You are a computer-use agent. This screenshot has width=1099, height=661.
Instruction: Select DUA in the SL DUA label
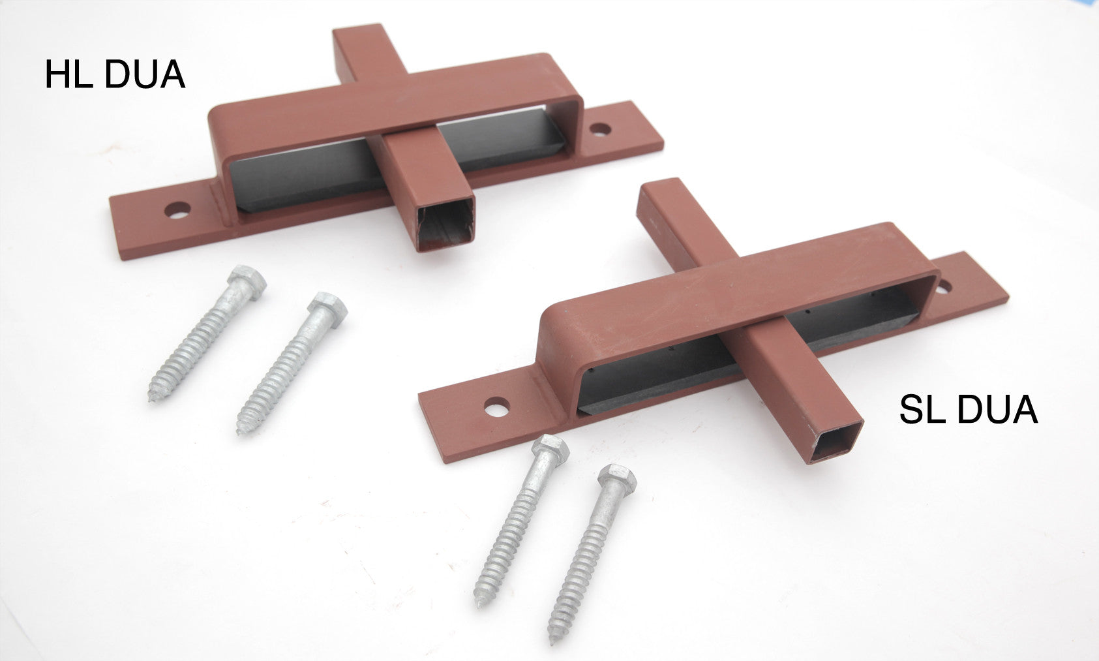point(999,410)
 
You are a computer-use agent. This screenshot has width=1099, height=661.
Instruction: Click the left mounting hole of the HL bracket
point(177,211)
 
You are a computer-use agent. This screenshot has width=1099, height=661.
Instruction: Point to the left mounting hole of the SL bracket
point(498,408)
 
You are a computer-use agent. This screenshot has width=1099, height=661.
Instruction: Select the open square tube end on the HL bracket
point(445,225)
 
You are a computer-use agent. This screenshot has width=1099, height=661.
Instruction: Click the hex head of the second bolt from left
point(327,307)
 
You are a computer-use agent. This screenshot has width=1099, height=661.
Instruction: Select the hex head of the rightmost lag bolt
point(616,480)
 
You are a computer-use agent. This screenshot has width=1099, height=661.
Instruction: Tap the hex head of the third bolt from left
point(550,450)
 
